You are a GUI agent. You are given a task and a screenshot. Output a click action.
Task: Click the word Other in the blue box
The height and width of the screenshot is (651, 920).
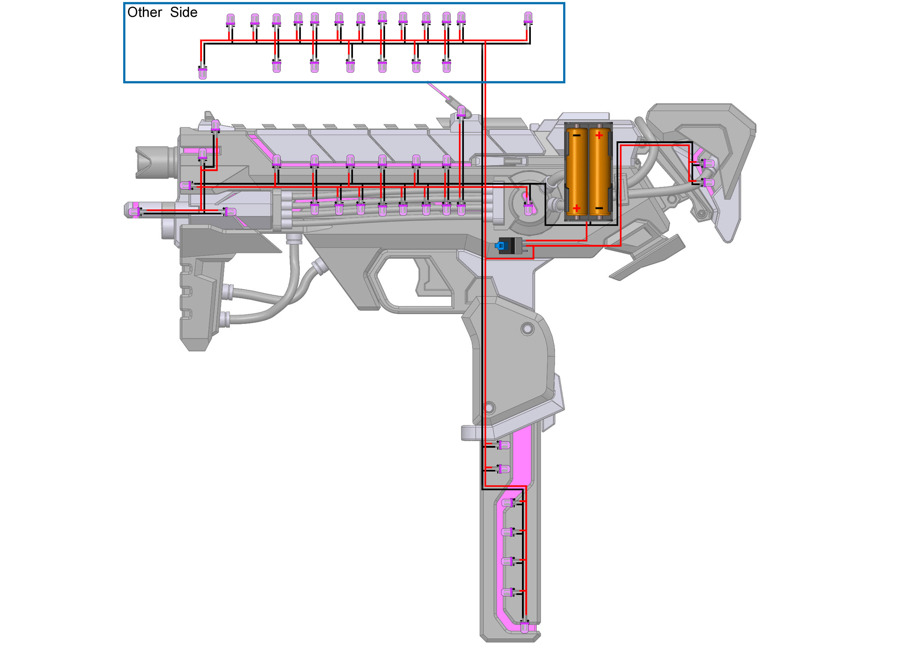(x=144, y=12)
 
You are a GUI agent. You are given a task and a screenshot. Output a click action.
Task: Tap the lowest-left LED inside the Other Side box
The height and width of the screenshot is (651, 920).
(x=203, y=73)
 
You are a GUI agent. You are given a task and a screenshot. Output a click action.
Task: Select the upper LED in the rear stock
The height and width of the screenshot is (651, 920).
(x=708, y=163)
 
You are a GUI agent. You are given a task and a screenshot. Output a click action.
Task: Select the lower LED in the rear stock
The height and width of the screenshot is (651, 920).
(x=708, y=183)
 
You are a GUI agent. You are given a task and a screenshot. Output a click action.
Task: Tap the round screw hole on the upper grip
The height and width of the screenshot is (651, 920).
(x=527, y=329)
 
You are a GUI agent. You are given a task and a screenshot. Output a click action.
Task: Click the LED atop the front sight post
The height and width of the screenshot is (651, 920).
(x=215, y=125)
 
